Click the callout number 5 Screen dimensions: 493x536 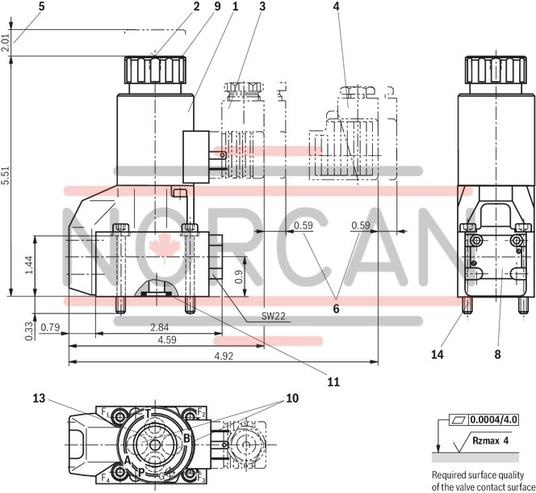pyautogui.click(x=19, y=7)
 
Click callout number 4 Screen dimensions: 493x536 pyautogui.click(x=335, y=7)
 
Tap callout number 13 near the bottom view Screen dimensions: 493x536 pyautogui.click(x=40, y=398)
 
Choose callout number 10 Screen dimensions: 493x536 pyautogui.click(x=292, y=398)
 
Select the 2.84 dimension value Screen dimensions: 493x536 pyautogui.click(x=158, y=327)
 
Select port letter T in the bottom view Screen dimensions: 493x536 pyautogui.click(x=147, y=413)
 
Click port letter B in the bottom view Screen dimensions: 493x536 pyautogui.click(x=186, y=439)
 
